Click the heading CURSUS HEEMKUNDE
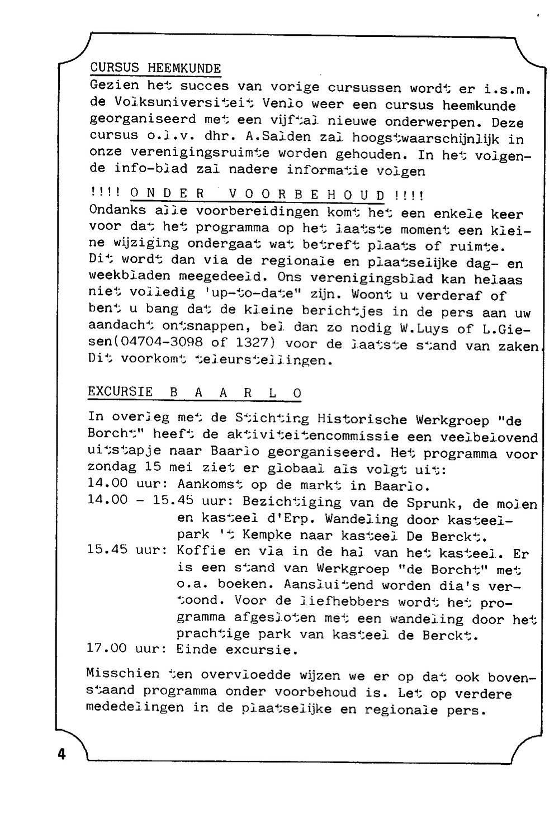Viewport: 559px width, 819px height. point(155,69)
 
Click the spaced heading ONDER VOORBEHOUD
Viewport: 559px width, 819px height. point(258,195)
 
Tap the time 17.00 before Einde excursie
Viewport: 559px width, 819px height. point(107,648)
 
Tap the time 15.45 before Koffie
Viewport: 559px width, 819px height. point(107,550)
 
